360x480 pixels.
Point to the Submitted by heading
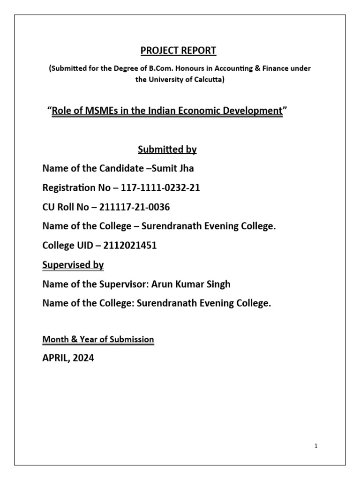tap(167, 150)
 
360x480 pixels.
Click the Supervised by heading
tap(73, 265)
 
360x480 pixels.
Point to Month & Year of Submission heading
tap(98, 339)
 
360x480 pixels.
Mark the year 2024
tap(83, 359)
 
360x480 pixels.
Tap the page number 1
tap(316, 446)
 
